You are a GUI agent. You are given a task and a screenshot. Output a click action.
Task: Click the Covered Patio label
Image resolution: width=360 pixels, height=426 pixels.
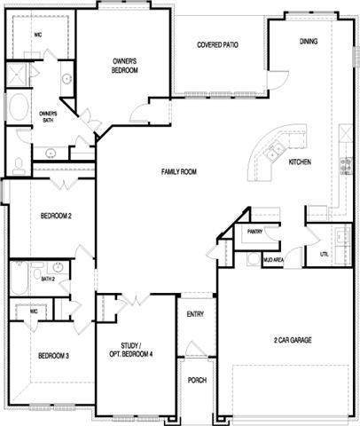[217, 45]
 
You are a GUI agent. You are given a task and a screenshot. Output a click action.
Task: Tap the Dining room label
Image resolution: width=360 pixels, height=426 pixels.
[309, 42]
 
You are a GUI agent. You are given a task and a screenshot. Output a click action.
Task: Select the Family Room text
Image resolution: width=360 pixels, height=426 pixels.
[179, 171]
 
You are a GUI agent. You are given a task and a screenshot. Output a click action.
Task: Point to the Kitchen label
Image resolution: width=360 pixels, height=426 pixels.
[300, 162]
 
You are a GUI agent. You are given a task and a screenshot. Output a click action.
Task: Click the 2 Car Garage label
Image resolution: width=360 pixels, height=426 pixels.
[293, 340]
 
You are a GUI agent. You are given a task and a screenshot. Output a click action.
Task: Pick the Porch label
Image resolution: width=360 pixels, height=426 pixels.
[197, 380]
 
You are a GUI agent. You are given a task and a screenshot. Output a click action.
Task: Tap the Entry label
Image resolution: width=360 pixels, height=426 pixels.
[195, 314]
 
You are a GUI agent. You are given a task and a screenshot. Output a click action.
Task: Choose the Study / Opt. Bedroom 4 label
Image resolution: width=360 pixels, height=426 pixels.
[131, 350]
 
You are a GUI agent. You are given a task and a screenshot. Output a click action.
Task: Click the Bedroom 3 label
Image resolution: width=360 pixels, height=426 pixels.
[53, 356]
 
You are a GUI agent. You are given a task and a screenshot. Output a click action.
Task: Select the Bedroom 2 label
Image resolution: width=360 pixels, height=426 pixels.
[56, 216]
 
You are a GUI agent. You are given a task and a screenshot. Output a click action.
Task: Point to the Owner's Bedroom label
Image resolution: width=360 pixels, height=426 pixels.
[125, 66]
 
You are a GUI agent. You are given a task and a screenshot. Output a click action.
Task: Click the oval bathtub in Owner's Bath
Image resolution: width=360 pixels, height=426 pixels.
[19, 107]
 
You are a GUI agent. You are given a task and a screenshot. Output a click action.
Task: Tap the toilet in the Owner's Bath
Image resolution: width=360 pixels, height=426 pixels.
[19, 166]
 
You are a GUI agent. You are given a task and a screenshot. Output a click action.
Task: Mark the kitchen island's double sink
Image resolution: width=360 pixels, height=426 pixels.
[274, 151]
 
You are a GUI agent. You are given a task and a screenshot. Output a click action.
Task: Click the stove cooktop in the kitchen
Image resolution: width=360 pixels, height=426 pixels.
[346, 166]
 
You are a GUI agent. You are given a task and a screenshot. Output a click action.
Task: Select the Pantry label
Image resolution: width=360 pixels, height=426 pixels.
[254, 232]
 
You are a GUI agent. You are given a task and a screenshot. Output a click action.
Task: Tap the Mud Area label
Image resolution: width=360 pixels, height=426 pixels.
[274, 260]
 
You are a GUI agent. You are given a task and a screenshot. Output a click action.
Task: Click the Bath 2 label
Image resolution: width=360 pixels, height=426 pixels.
[48, 279]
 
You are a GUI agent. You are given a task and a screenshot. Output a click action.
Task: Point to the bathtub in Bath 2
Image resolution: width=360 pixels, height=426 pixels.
[20, 278]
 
